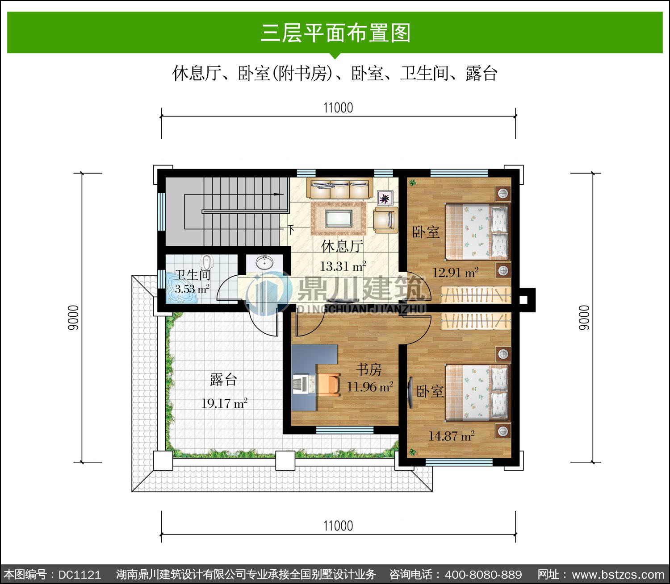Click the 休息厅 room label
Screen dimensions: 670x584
pos(342,246)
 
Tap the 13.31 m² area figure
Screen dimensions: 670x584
pos(343,266)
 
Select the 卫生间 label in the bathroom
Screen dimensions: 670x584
pos(193,275)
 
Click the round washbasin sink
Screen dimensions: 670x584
pos(264,263)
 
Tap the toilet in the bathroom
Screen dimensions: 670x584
pos(206,262)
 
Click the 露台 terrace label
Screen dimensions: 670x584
pos(223,380)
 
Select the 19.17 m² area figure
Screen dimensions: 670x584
pos(224,403)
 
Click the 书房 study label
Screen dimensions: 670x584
pos(369,369)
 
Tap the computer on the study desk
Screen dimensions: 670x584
pos(303,384)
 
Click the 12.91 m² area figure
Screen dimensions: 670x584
pos(456,272)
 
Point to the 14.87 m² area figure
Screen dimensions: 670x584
pos(452,436)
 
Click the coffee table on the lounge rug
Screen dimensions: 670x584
pos(339,218)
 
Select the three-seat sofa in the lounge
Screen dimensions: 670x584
pos(339,189)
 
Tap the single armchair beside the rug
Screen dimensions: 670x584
pos(386,220)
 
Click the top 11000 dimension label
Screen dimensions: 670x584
pos(338,108)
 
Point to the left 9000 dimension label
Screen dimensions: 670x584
pos(73,318)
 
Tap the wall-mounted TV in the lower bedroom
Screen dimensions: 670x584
pos(410,392)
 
